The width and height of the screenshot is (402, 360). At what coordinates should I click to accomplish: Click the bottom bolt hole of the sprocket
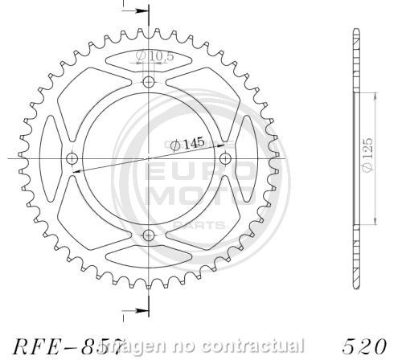pos(148,235)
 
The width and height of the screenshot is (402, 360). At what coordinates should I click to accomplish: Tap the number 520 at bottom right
pos(369,346)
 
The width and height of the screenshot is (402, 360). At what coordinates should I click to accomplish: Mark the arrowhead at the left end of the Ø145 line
pos(74,170)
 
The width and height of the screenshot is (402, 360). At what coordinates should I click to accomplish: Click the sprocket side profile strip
pos(355,161)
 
